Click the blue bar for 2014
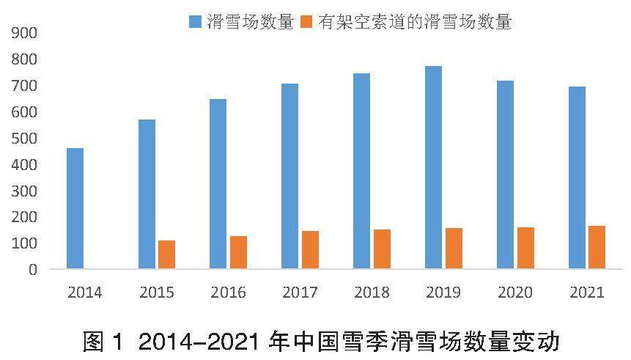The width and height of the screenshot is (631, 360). point(75,208)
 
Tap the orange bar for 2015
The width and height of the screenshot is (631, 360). point(166,254)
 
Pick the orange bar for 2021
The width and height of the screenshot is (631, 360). point(597,247)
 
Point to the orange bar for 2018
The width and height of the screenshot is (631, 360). point(382,249)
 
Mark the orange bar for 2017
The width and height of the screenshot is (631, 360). point(310,249)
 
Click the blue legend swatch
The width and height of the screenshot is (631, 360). point(195,21)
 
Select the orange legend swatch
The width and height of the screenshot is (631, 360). point(307,21)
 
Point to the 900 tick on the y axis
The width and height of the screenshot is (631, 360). point(24,33)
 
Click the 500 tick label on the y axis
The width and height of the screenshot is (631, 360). point(24,138)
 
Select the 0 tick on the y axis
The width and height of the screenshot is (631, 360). point(32,269)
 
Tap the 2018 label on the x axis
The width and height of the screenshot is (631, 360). point(372,293)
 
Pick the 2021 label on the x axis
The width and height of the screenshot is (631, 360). point(587,293)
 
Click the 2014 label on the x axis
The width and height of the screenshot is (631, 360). point(84,293)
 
